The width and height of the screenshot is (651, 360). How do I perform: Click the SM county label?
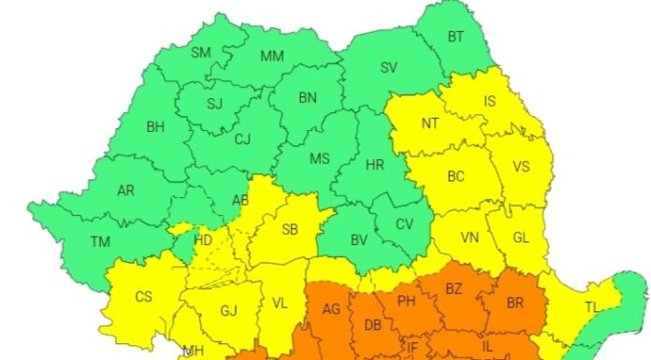(201, 52)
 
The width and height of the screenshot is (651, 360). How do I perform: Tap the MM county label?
(271, 56)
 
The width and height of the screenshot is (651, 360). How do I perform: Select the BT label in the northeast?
(456, 36)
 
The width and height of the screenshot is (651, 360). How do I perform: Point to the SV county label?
(388, 66)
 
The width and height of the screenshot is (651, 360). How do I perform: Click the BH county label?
(155, 124)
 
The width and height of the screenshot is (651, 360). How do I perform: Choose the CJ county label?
(242, 139)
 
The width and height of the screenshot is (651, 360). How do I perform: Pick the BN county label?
(308, 96)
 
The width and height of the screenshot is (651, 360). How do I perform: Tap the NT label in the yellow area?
(429, 122)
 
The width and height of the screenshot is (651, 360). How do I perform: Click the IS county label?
(489, 101)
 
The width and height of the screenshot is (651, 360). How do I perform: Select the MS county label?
(320, 158)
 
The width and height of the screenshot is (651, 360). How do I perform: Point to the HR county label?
(375, 165)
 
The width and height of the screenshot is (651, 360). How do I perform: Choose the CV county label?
(404, 223)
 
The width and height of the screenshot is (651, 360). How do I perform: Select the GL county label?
(521, 238)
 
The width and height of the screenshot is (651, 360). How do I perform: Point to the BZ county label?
(454, 288)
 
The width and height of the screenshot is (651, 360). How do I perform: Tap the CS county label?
(143, 297)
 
